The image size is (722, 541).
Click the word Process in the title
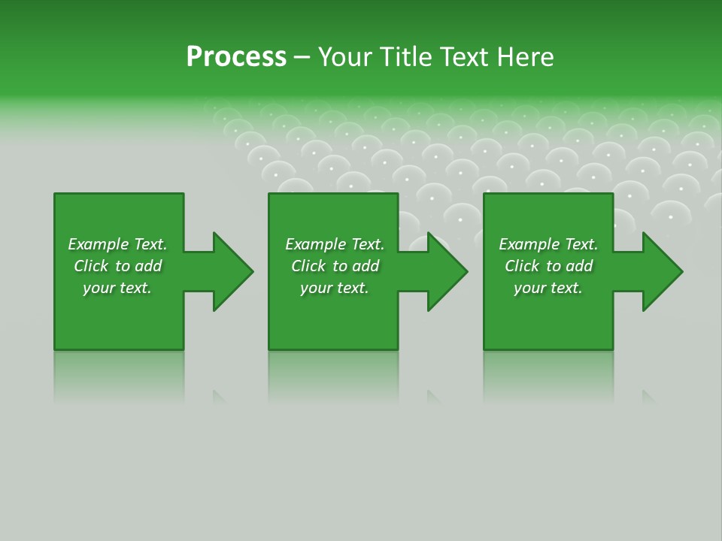(x=236, y=57)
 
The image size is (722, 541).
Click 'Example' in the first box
(x=99, y=244)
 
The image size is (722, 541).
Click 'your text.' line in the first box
(x=117, y=288)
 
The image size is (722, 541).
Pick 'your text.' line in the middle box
(x=335, y=288)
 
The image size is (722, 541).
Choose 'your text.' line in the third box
(x=548, y=288)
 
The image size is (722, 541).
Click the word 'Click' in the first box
(x=91, y=266)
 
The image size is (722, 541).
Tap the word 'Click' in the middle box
(x=308, y=266)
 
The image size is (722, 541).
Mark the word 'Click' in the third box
(x=522, y=266)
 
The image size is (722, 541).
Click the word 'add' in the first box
(x=148, y=266)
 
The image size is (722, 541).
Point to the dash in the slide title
(x=302, y=58)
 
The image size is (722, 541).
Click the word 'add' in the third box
(x=579, y=266)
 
